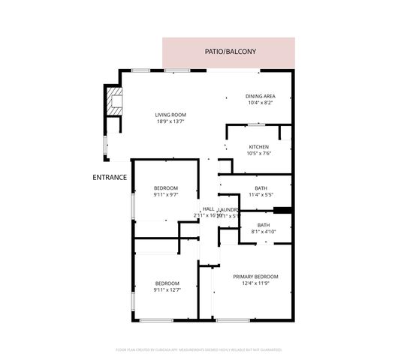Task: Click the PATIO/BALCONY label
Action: pyautogui.click(x=231, y=52)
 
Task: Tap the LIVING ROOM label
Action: pyautogui.click(x=170, y=115)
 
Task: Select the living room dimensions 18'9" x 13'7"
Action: pyautogui.click(x=170, y=121)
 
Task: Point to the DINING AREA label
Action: pyautogui.click(x=261, y=96)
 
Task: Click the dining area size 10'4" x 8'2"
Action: pyautogui.click(x=261, y=103)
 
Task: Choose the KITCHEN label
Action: pyautogui.click(x=258, y=146)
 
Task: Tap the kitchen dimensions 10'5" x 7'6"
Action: pyautogui.click(x=258, y=153)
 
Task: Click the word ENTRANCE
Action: pyautogui.click(x=109, y=178)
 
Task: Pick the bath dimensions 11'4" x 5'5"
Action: pyautogui.click(x=261, y=194)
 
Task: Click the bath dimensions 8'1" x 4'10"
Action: pyautogui.click(x=264, y=232)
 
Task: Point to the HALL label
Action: pyautogui.click(x=209, y=209)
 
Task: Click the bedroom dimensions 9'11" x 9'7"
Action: pyautogui.click(x=166, y=195)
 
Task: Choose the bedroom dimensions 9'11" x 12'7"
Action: pyautogui.click(x=166, y=289)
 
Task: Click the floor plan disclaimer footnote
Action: pyautogui.click(x=199, y=349)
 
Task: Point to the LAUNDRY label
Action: pyautogui.click(x=230, y=209)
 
